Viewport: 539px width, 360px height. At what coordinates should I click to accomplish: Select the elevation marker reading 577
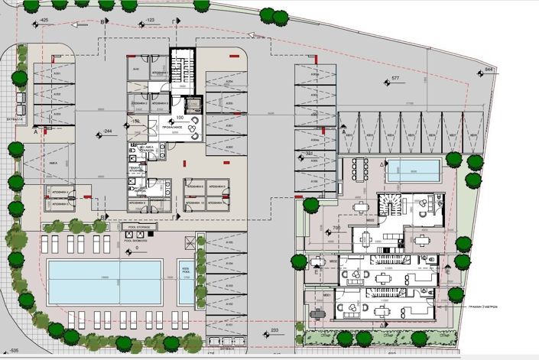395,79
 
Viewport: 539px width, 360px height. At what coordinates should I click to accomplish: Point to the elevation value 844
490,70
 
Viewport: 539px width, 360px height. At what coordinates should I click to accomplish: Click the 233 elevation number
274,330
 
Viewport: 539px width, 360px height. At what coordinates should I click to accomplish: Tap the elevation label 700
336,228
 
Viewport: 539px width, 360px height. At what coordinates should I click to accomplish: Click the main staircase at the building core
182,69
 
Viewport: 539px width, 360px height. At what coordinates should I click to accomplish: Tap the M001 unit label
326,294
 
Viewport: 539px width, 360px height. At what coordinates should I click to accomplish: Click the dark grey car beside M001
317,313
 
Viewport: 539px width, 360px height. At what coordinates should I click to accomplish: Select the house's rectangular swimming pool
414,170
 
